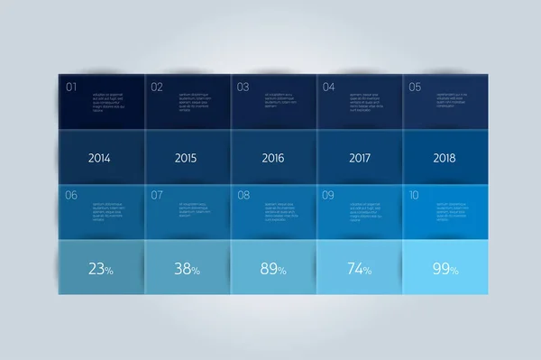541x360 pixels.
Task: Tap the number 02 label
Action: (x=157, y=88)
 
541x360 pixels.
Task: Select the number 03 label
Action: (x=243, y=88)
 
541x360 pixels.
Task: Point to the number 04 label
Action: (x=329, y=88)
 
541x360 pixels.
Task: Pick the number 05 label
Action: (x=415, y=88)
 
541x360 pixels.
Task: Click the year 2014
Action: (x=100, y=158)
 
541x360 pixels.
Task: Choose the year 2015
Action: (x=186, y=158)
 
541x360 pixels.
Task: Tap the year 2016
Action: (x=272, y=158)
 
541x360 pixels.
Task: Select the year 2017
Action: (x=358, y=158)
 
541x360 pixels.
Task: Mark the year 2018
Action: (x=444, y=158)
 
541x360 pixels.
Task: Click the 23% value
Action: (x=100, y=267)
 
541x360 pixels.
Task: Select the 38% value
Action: (x=186, y=267)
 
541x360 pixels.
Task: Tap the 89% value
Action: (x=272, y=267)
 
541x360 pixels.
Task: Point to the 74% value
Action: (x=358, y=267)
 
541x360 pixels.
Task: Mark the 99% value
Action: (x=444, y=267)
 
